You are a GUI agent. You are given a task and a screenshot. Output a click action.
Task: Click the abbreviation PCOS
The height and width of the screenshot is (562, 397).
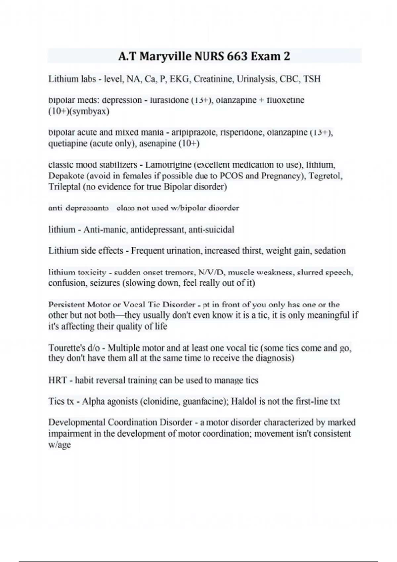[x=232, y=176]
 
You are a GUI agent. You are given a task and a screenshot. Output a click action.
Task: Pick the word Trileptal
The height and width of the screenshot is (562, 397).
[x=64, y=187]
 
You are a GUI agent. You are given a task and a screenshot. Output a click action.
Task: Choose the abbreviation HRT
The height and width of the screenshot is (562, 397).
[x=58, y=380]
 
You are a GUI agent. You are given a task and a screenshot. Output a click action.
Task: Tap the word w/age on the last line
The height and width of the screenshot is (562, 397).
[x=60, y=445]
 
